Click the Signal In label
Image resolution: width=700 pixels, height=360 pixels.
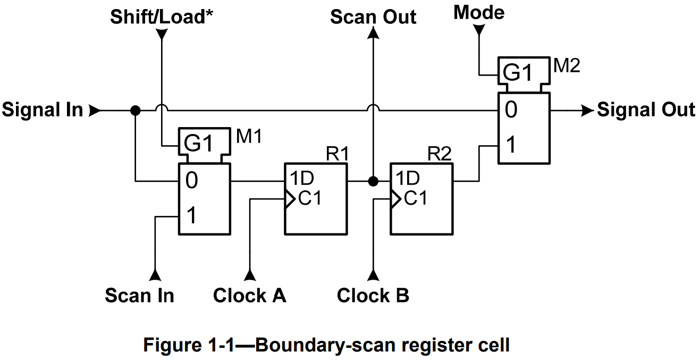(43, 110)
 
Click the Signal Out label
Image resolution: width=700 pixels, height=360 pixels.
(645, 110)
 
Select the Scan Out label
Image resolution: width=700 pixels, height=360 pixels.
(373, 17)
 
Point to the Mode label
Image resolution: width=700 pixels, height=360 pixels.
(478, 12)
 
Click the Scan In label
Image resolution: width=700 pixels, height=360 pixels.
(139, 295)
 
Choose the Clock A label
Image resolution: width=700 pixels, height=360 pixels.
(249, 295)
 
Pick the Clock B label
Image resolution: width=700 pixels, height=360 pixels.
(373, 295)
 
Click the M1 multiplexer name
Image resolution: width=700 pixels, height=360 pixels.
(249, 137)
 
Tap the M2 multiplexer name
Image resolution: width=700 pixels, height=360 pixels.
(567, 66)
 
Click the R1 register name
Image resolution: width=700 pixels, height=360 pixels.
(337, 154)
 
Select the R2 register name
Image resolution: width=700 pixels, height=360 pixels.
(440, 154)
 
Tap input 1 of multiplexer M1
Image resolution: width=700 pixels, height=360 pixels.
(191, 216)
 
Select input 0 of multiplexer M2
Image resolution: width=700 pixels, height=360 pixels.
(510, 110)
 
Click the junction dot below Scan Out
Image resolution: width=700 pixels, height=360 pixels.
(373, 181)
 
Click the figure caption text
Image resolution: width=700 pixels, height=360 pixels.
(326, 345)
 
